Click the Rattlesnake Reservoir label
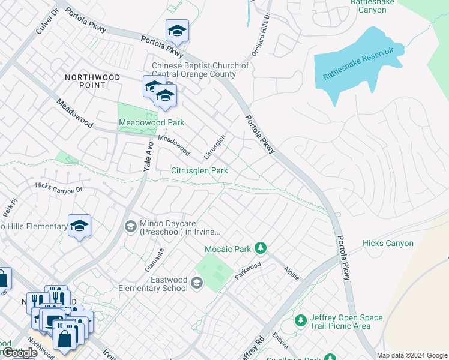358,64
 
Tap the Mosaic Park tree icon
260,248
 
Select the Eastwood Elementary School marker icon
196,283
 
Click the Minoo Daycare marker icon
130,226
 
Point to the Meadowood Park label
151,122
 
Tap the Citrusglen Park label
199,171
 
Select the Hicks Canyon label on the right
388,243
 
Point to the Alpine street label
291,265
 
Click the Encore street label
280,341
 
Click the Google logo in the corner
19,353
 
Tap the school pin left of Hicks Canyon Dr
79,226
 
